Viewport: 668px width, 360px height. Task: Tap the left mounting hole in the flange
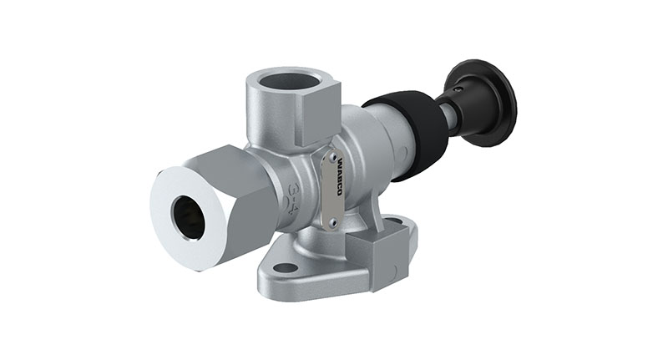(x=286, y=268)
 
